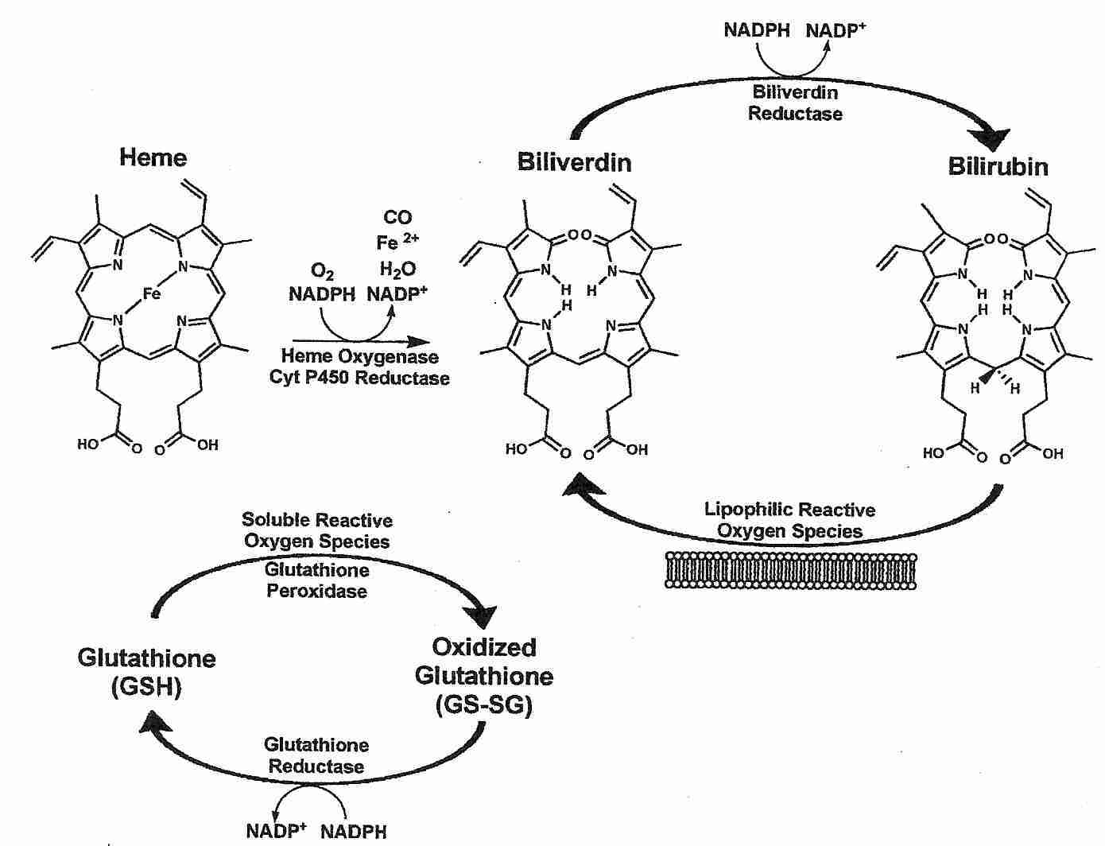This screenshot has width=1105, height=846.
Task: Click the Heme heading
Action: click(x=153, y=157)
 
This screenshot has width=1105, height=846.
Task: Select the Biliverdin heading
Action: click(x=574, y=162)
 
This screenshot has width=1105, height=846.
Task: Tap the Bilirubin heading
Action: click(x=998, y=166)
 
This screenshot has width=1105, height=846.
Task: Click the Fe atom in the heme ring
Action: click(x=152, y=294)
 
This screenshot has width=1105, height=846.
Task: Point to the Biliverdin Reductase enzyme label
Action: click(x=795, y=103)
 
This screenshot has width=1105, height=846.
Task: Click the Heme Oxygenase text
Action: click(x=359, y=357)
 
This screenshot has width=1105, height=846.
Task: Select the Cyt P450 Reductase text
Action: click(x=359, y=378)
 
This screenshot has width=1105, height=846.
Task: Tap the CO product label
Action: click(x=397, y=217)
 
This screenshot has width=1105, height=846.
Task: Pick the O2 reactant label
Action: click(x=322, y=273)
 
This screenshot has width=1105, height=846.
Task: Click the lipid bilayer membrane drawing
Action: click(x=789, y=571)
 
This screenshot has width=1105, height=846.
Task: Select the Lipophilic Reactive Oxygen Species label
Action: click(x=789, y=520)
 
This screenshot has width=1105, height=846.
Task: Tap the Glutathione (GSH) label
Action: click(x=146, y=672)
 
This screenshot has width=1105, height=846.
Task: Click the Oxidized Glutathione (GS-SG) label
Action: click(x=483, y=676)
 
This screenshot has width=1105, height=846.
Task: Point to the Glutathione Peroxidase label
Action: click(x=316, y=580)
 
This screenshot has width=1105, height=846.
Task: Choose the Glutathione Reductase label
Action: click(x=316, y=755)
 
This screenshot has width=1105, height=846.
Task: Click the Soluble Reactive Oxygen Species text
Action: click(x=316, y=530)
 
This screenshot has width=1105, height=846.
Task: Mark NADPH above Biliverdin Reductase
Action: click(x=757, y=30)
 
